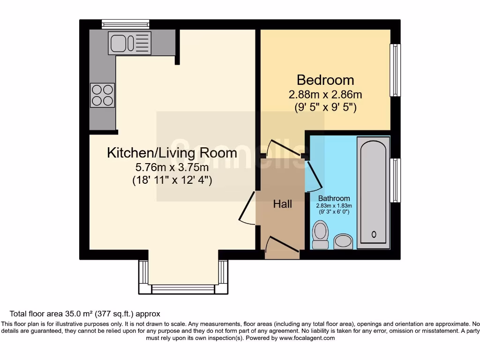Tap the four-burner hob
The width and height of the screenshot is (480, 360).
[x=102, y=95]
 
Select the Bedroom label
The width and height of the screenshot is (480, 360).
[x=325, y=80]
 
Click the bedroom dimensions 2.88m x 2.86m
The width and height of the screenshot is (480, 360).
[x=325, y=94]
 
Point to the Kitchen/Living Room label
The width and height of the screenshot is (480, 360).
[x=172, y=153]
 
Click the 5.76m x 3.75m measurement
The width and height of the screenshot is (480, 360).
[x=172, y=167]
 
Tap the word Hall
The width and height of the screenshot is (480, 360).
[x=283, y=204]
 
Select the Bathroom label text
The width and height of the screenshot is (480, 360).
[x=334, y=198]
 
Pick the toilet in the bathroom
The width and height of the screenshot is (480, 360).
[x=321, y=235]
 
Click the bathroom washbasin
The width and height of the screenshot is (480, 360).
[x=343, y=241]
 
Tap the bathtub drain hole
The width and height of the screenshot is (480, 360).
[x=374, y=234]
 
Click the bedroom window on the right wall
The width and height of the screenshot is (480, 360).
[x=396, y=70]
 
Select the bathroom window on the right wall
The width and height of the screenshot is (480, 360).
[x=396, y=180]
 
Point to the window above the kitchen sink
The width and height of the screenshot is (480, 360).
[x=126, y=24]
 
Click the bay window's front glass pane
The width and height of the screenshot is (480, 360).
[x=183, y=289]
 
